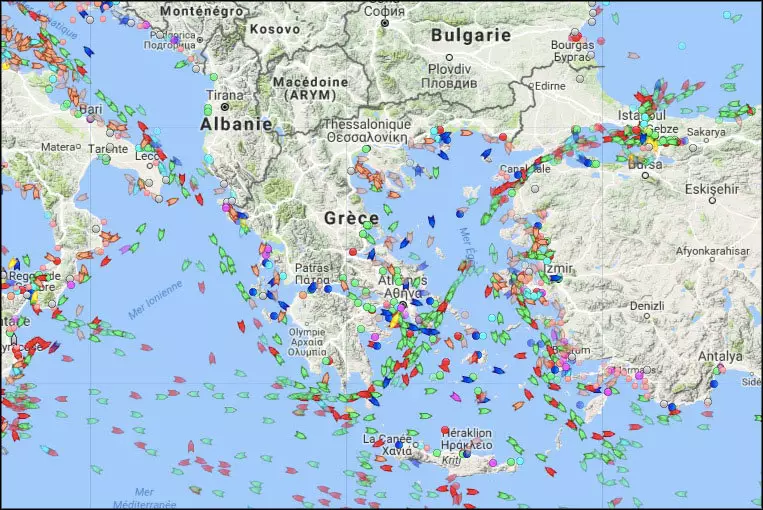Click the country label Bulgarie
pyautogui.click(x=470, y=34)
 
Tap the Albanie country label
pyautogui.click(x=236, y=124)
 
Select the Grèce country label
pyautogui.click(x=351, y=217)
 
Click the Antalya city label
pyautogui.click(x=721, y=356)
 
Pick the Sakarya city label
pyautogui.click(x=705, y=131)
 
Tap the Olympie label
pyautogui.click(x=306, y=331)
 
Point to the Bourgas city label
pyautogui.click(x=572, y=45)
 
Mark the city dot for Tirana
pyautogui.click(x=225, y=106)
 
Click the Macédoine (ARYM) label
pyautogui.click(x=313, y=87)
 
